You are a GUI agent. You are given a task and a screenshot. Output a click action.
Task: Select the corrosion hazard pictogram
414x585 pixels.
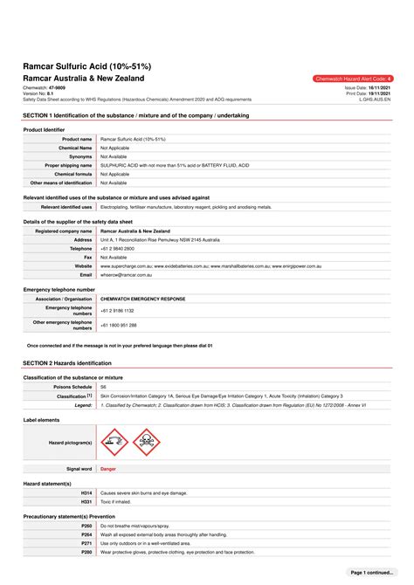114,442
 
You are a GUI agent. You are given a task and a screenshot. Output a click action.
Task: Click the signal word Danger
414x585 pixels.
108,469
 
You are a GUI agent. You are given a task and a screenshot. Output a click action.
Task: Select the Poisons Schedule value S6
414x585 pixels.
103,386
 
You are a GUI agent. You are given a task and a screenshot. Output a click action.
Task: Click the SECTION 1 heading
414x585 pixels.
135,115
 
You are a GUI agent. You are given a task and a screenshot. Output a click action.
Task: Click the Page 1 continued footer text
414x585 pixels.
371,572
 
